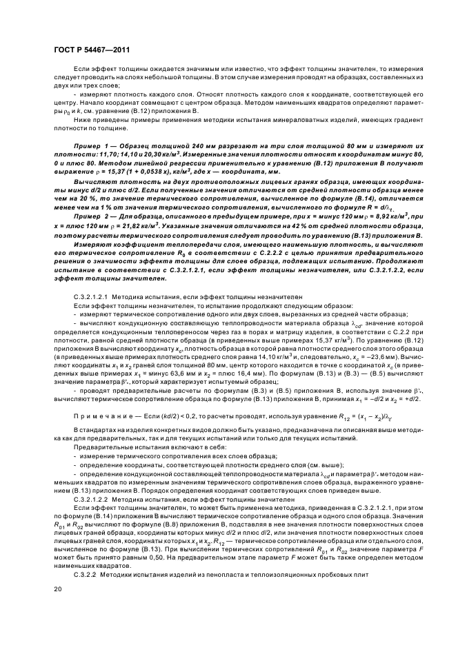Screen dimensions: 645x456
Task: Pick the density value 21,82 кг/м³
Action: pos(123,224)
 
